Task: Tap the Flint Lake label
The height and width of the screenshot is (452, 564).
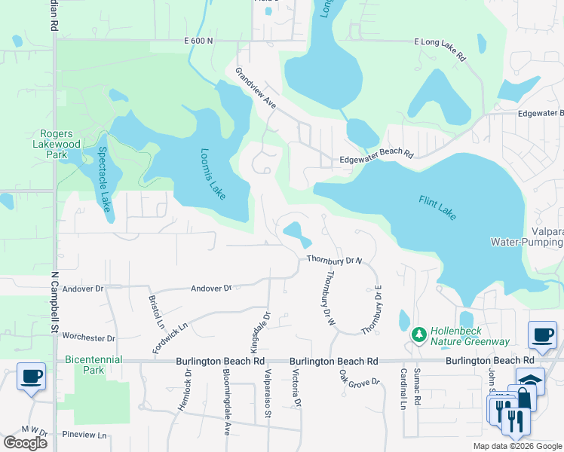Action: [437, 207]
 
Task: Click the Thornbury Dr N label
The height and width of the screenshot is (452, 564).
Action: [335, 260]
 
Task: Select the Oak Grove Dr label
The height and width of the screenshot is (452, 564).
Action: [360, 376]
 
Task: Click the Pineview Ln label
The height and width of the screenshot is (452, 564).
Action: [84, 435]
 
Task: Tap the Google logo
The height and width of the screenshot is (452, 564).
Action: [25, 443]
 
